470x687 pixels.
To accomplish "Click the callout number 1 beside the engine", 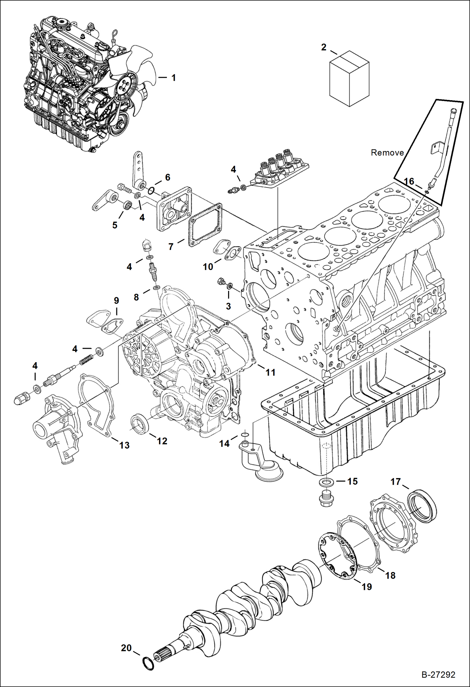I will [174, 78].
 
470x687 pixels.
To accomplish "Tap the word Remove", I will [387, 153].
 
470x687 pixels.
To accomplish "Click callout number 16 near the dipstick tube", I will [409, 181].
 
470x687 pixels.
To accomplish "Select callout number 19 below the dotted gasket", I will [366, 586].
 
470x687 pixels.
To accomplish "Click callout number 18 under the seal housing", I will [390, 575].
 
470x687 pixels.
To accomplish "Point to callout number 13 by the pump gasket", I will [124, 445].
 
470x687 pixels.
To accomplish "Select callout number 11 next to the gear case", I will [270, 372].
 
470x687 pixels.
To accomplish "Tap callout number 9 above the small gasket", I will [116, 301].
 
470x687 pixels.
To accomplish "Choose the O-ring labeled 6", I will [151, 190].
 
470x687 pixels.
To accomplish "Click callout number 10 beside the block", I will [208, 267].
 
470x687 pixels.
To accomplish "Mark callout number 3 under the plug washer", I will [228, 306].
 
